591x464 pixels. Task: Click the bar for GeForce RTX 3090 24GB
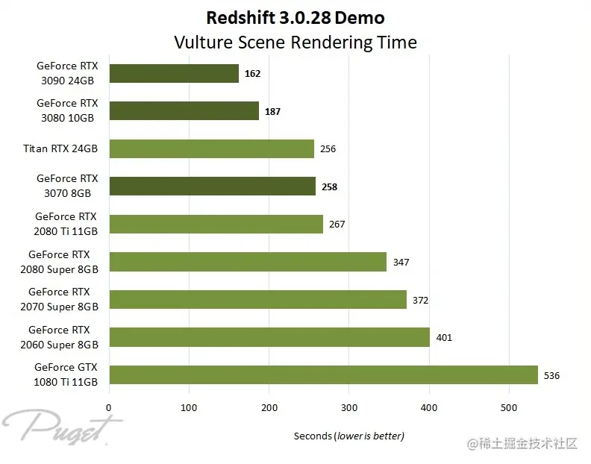click(174, 73)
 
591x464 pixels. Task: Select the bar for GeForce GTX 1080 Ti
click(323, 374)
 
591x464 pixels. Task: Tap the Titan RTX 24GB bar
click(211, 148)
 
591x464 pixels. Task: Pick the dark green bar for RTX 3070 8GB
click(212, 186)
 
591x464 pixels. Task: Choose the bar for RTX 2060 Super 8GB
click(269, 337)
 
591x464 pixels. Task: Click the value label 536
click(551, 375)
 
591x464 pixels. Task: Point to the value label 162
click(252, 74)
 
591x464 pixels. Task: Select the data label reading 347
click(401, 263)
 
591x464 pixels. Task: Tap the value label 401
click(443, 338)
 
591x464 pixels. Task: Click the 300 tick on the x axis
click(349, 407)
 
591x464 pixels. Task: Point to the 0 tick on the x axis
click(110, 407)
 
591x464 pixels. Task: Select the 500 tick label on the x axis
click(509, 407)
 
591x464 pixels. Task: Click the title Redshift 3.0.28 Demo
click(295, 17)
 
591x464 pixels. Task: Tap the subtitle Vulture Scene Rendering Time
click(295, 42)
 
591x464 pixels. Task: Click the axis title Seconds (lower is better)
click(348, 436)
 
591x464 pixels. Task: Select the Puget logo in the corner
click(60, 427)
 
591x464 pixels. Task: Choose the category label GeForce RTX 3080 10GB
click(67, 110)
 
